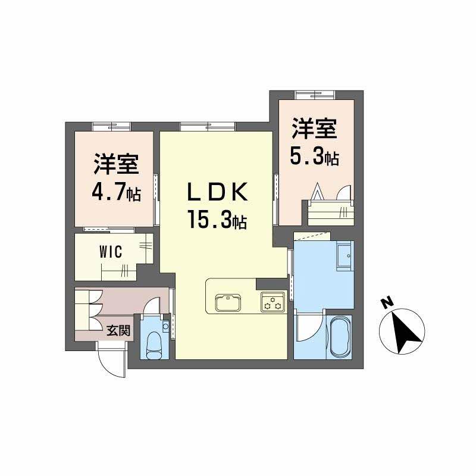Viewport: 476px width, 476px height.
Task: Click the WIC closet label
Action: point(110,252)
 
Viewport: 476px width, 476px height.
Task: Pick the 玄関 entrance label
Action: point(118,330)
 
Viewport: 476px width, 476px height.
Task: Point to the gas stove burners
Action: point(274,302)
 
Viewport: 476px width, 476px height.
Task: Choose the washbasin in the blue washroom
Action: point(345,256)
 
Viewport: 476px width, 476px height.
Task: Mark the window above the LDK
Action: point(207,126)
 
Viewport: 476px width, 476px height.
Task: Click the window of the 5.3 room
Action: point(315,93)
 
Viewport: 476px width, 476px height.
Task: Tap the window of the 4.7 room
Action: point(111,126)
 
